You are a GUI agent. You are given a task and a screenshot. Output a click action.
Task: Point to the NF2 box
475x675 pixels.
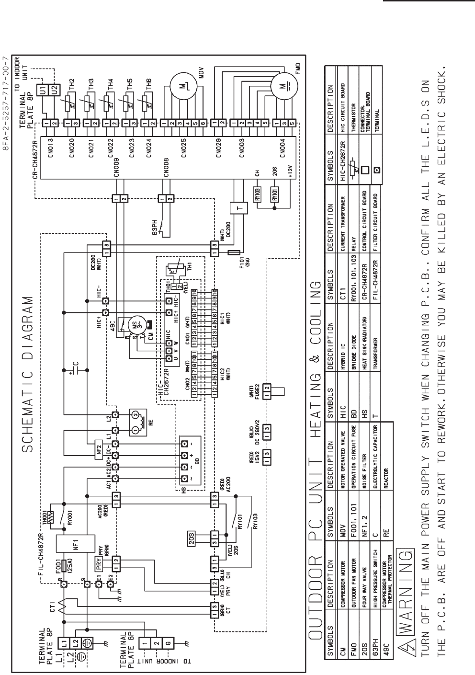pyautogui.click(x=99, y=435)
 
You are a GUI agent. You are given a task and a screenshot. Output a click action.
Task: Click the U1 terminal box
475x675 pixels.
pyautogui.click(x=43, y=90)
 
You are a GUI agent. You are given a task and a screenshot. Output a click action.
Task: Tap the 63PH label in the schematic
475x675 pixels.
pyautogui.click(x=153, y=225)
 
